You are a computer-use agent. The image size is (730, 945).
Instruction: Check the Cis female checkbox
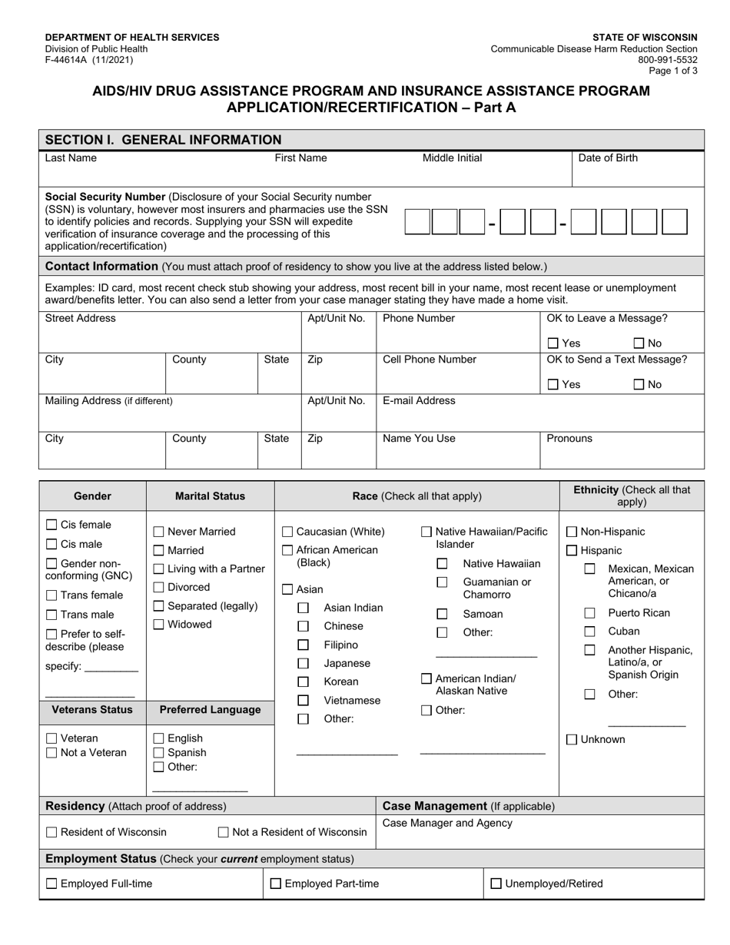tap(51, 525)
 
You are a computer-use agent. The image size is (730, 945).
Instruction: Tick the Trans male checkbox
tap(51, 615)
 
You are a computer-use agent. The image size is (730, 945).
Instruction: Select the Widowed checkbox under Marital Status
tap(159, 625)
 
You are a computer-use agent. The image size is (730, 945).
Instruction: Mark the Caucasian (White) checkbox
tap(287, 532)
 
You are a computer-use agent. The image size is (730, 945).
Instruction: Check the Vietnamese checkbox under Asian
tap(304, 701)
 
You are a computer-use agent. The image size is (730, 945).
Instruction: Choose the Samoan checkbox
tap(442, 614)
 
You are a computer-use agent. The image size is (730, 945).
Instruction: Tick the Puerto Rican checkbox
tap(589, 613)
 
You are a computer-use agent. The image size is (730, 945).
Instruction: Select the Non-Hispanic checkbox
tap(572, 532)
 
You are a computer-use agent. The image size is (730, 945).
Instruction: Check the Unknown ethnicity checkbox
tap(572, 739)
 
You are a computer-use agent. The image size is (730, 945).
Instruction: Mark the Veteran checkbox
tap(51, 738)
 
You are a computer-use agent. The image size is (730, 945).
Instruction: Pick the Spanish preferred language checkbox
tap(159, 753)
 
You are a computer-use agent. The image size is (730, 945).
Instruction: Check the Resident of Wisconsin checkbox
tap(51, 832)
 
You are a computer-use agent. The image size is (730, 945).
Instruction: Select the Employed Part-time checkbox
tap(276, 884)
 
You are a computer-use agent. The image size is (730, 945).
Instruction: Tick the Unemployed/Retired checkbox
tap(496, 884)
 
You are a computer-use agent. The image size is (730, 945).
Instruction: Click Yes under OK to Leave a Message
tap(553, 343)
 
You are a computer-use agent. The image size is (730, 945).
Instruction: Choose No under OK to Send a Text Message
tap(639, 384)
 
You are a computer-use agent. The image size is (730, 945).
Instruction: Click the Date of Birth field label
tap(607, 158)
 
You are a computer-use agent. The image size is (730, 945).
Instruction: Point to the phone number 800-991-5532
tap(672, 59)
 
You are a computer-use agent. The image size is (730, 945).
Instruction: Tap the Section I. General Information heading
tap(164, 140)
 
